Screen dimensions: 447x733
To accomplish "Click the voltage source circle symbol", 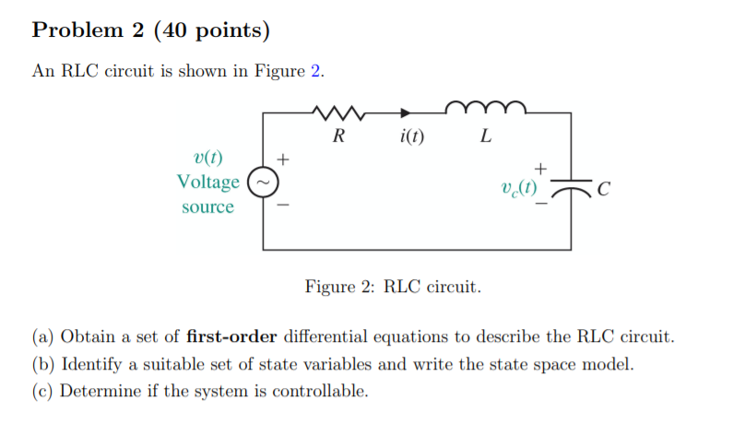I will [262, 182].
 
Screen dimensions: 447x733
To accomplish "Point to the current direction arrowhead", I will [405, 113].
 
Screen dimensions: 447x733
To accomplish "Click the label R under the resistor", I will [338, 138].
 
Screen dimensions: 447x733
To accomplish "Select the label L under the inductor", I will [486, 138].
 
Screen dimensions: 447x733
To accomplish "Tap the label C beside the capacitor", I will [603, 190].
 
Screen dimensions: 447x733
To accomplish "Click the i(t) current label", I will [412, 138].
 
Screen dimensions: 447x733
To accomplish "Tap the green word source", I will [207, 206].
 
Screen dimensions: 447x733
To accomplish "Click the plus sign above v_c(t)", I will [541, 167].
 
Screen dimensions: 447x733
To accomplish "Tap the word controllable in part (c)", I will [318, 391].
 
